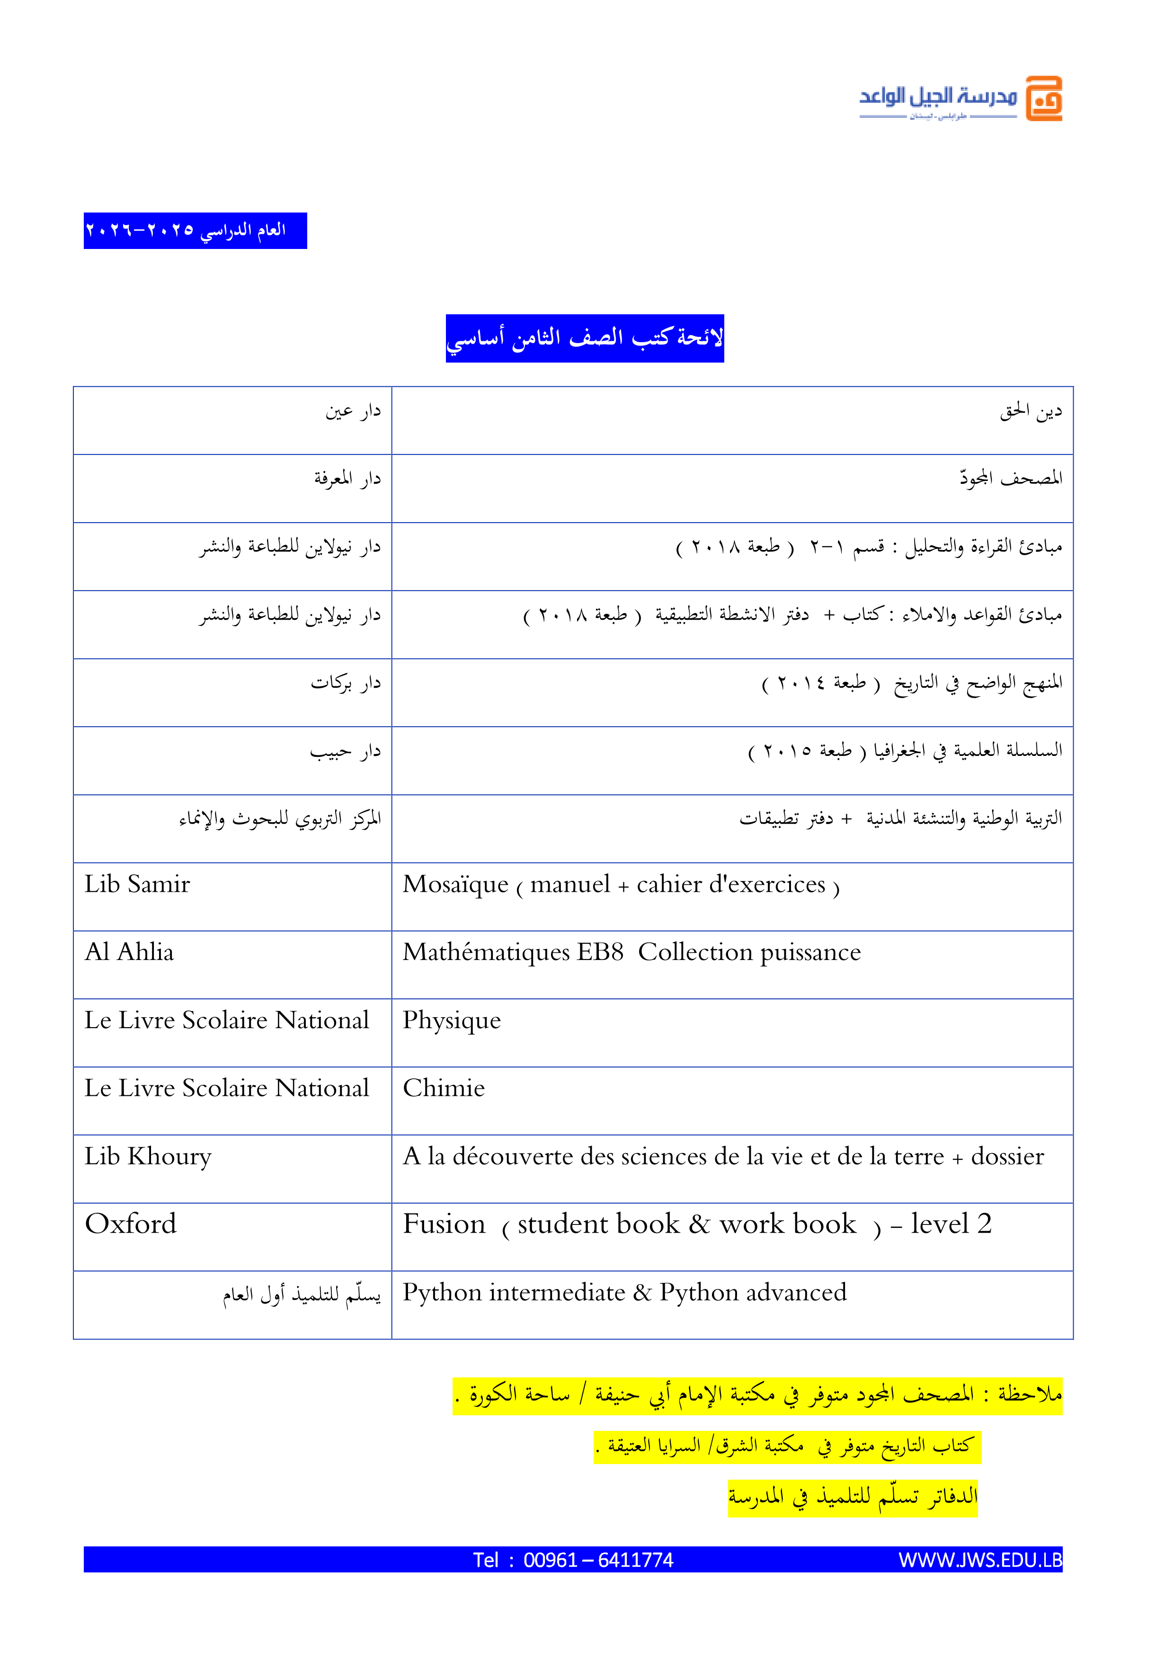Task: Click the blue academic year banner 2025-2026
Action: tap(195, 231)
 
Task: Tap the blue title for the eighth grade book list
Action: tap(584, 337)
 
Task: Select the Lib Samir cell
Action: tap(137, 884)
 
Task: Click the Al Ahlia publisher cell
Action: tap(129, 952)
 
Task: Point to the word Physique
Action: tap(451, 1020)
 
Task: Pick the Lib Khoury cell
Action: tap(148, 1156)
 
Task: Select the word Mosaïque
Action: tap(455, 884)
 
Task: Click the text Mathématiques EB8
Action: tap(513, 952)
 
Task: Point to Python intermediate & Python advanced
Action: tap(624, 1292)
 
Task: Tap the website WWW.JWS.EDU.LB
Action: tap(979, 1560)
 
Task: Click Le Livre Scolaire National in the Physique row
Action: tap(226, 1020)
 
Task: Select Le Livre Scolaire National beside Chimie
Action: tap(226, 1088)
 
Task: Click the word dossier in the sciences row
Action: tap(1007, 1156)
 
